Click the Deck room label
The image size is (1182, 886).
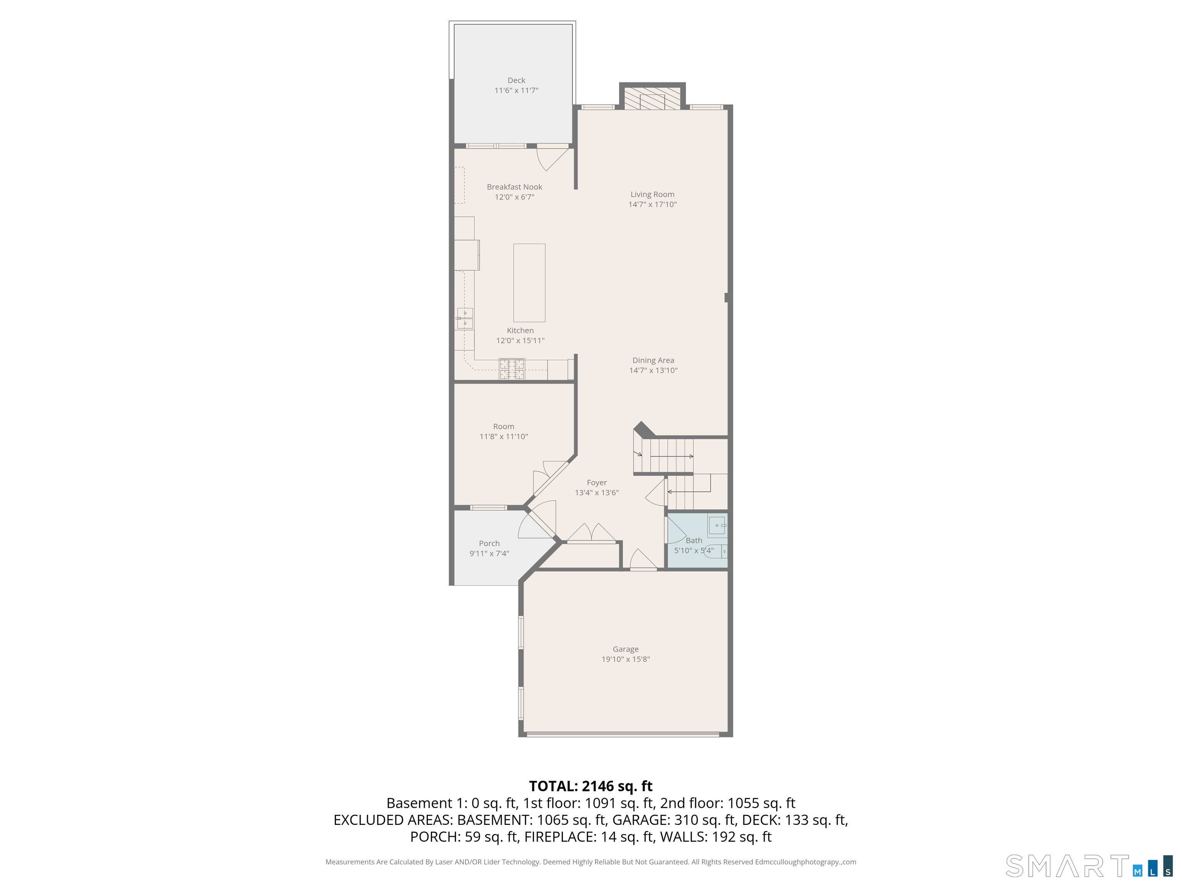516,80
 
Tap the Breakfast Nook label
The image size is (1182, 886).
514,187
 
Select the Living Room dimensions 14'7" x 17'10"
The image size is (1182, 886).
653,204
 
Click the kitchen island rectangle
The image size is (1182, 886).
529,283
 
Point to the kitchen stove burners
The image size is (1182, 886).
512,368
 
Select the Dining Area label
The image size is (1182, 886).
653,360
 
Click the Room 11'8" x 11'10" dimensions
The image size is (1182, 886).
503,436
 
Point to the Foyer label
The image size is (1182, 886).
596,482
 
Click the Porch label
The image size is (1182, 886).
489,543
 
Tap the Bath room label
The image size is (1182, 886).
694,540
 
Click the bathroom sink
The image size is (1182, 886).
717,526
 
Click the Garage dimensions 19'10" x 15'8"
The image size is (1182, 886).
625,659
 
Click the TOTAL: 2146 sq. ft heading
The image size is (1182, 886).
591,786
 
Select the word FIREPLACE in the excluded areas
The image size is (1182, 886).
559,837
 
